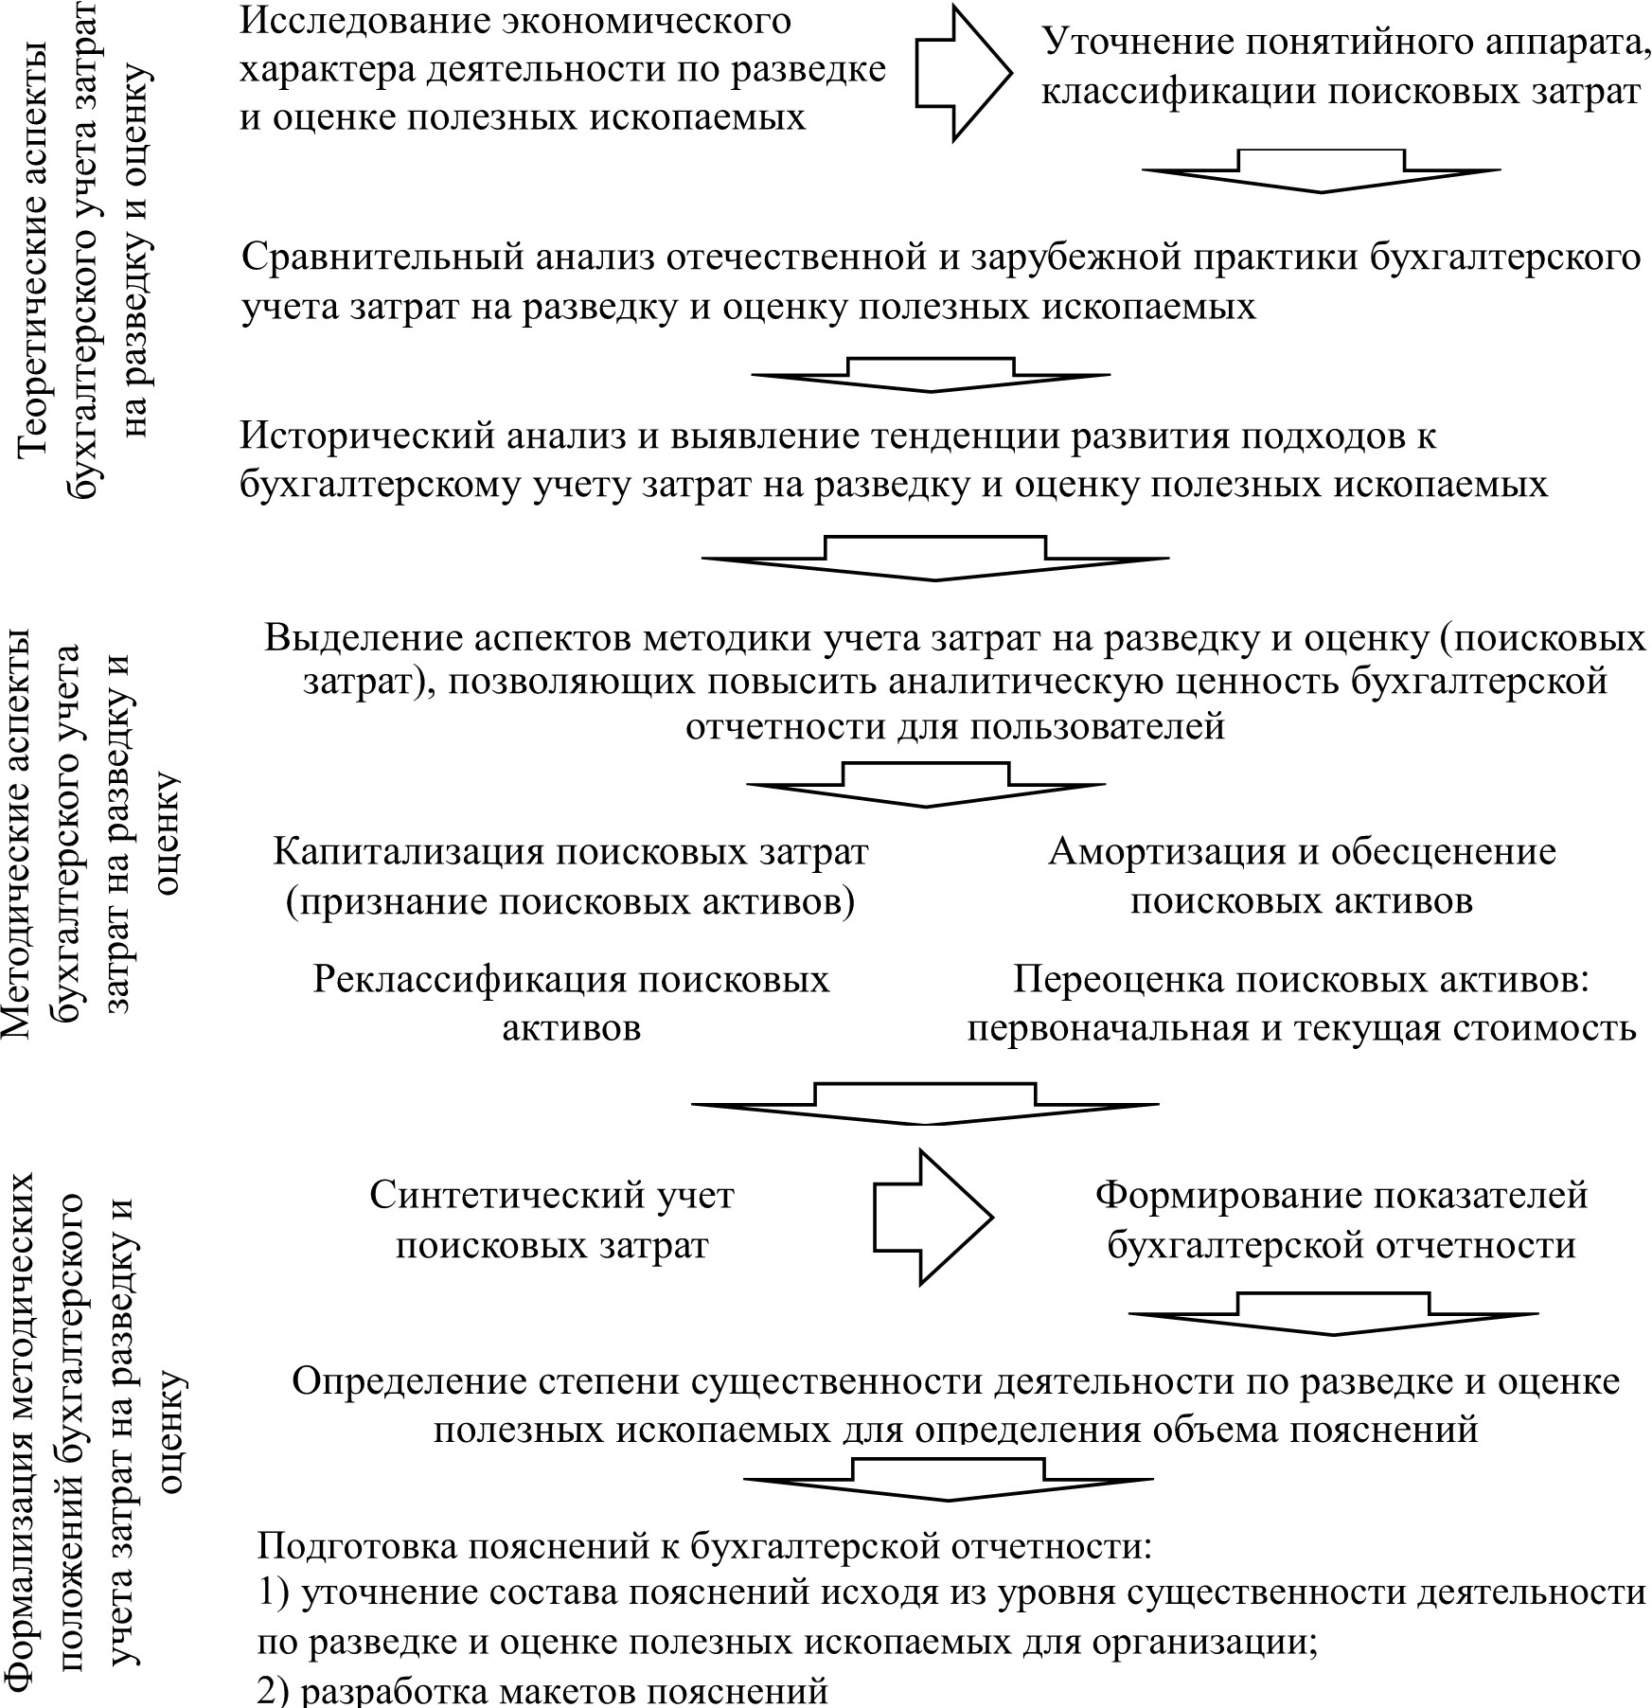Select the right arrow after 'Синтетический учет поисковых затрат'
pos(932,1217)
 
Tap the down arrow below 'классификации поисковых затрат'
pos(1321,171)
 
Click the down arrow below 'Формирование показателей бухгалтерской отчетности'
pos(1333,1312)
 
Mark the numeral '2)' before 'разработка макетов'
pos(275,1691)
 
